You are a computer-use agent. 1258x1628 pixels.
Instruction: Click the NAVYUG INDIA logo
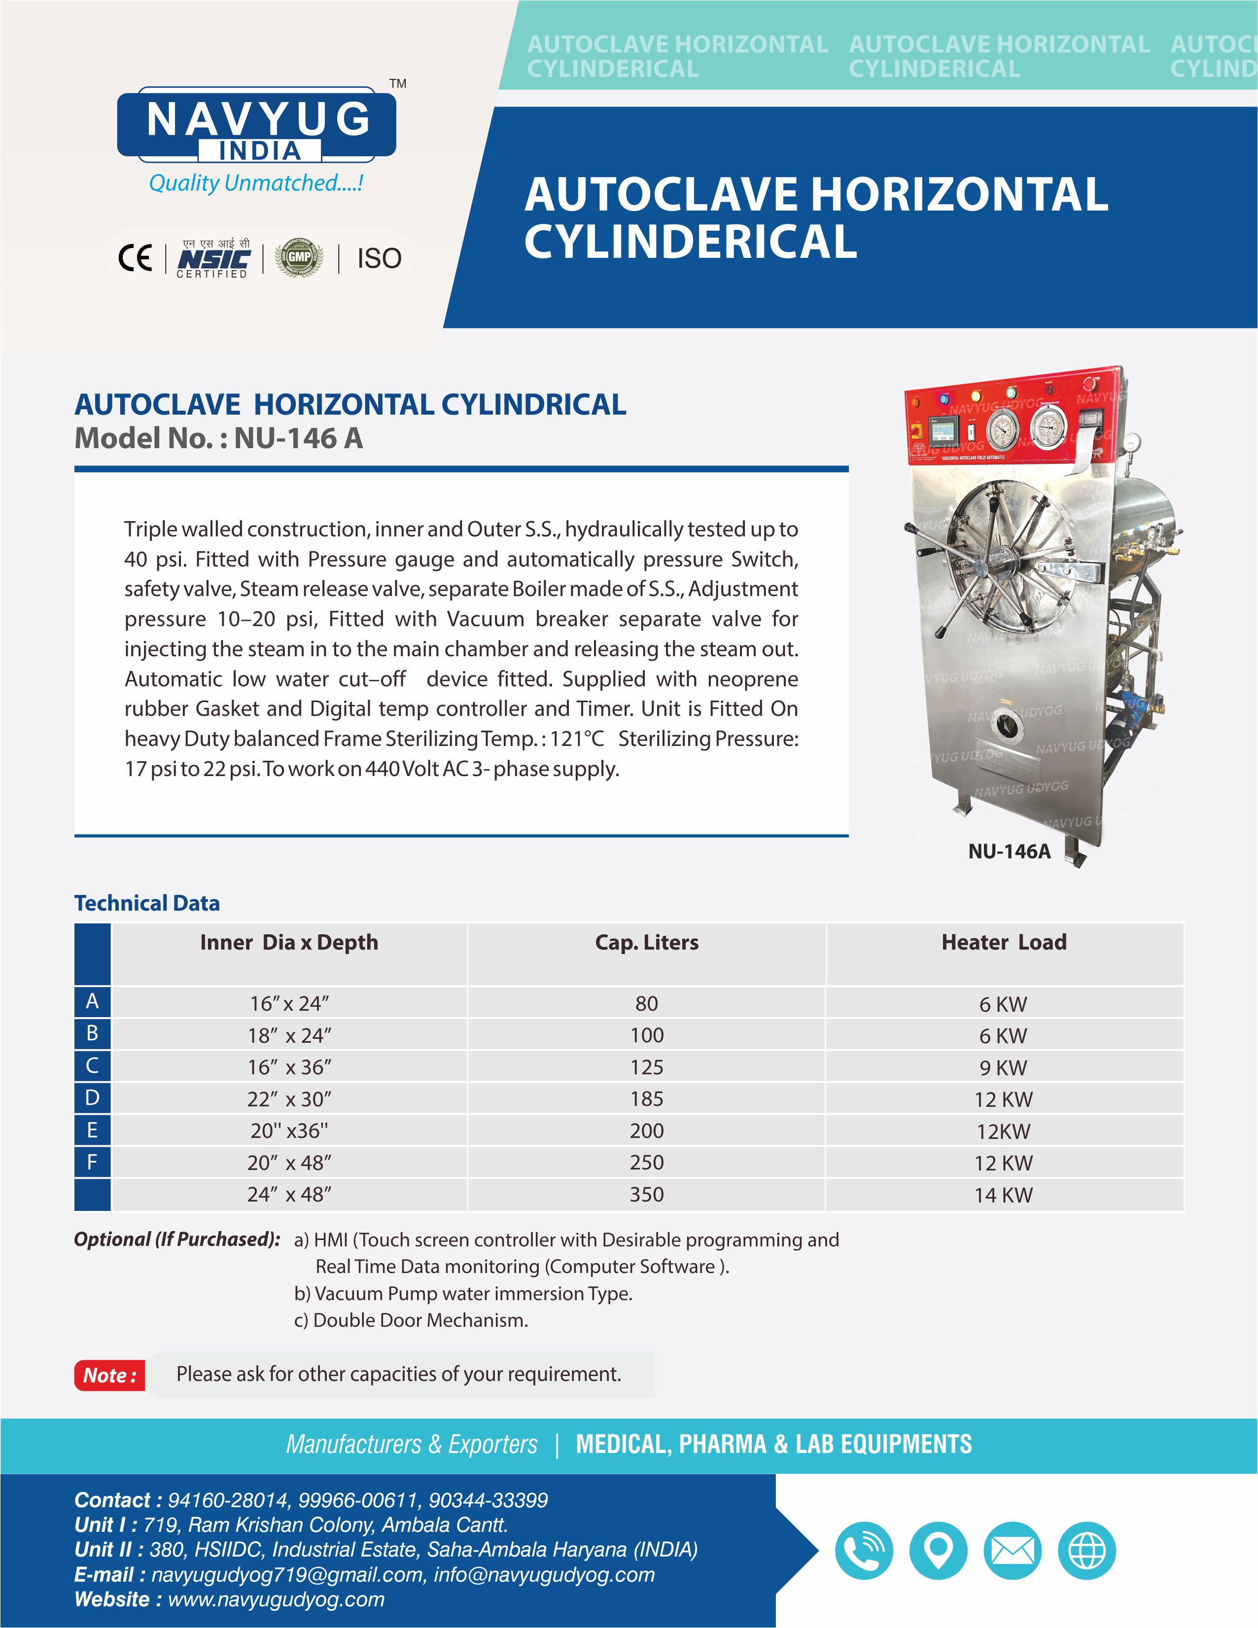point(256,125)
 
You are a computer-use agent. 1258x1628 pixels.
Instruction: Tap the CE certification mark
point(135,258)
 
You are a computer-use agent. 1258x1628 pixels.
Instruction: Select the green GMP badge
point(300,258)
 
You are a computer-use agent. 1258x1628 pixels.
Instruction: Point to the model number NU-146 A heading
point(218,438)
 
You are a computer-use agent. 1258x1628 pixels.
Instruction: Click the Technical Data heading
point(147,903)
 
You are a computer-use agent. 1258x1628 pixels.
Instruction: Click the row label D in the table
point(92,1097)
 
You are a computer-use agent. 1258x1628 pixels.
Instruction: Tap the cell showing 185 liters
point(646,1099)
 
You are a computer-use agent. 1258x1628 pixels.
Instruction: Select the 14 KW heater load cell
point(1003,1195)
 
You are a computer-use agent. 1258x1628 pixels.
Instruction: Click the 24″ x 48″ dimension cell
point(289,1194)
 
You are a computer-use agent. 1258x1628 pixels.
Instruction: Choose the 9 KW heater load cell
point(1003,1067)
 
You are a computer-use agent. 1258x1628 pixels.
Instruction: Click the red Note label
point(109,1375)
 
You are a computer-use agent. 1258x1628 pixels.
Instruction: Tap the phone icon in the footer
point(863,1551)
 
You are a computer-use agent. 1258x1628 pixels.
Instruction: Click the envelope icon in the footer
point(1012,1551)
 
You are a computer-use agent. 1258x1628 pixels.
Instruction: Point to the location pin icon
point(938,1551)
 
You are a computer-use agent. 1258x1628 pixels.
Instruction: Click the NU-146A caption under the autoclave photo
point(1009,851)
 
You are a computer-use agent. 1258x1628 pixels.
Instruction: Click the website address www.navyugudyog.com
point(276,1599)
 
